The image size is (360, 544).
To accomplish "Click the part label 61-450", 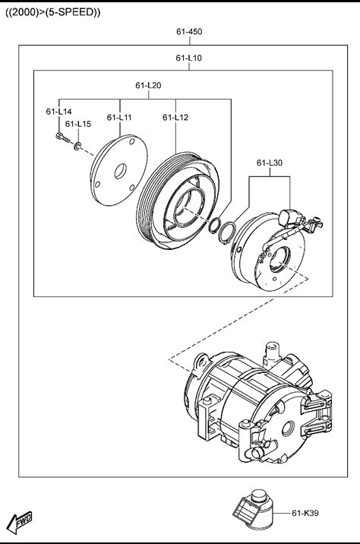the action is pyautogui.click(x=189, y=32).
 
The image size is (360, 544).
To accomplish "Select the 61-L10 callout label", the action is pyautogui.click(x=188, y=58).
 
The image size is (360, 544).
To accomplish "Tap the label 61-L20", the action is pyautogui.click(x=148, y=85).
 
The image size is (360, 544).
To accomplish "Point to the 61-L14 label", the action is pyautogui.click(x=58, y=112).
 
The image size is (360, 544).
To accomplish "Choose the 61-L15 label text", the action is pyautogui.click(x=78, y=124).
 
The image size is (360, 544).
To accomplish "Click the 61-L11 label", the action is pyautogui.click(x=119, y=118).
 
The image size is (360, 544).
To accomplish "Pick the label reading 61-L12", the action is pyautogui.click(x=175, y=118).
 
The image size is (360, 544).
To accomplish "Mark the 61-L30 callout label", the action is pyautogui.click(x=270, y=163).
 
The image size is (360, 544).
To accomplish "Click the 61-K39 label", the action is pyautogui.click(x=305, y=513).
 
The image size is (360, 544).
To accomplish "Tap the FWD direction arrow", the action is pyautogui.click(x=20, y=522).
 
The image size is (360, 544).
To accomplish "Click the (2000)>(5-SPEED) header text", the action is pyautogui.click(x=52, y=12).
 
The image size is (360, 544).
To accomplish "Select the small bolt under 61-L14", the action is pyautogui.click(x=62, y=138).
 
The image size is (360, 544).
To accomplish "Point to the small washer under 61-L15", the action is pyautogui.click(x=77, y=146).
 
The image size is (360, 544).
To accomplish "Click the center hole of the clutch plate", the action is pyautogui.click(x=121, y=171).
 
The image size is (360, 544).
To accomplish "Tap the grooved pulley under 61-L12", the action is pyautogui.click(x=178, y=201).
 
